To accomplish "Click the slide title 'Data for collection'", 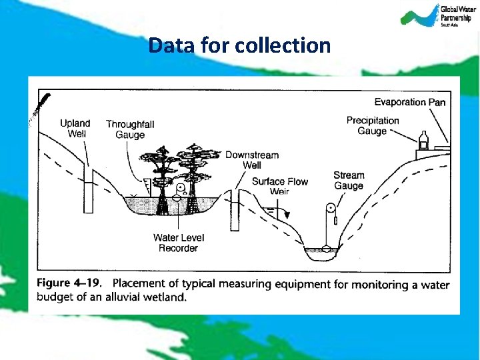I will tap(239, 45).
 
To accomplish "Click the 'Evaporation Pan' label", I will tap(409, 102).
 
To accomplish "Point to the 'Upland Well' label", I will tap(75, 129).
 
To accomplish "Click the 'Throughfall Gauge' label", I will tap(129, 129).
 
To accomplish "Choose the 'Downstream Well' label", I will tap(251, 160).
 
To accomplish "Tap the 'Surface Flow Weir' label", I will tap(279, 186).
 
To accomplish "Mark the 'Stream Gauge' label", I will tap(349, 181).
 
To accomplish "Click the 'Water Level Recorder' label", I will tap(178, 243).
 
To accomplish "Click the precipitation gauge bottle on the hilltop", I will tap(423, 140).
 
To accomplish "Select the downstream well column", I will tap(235, 211).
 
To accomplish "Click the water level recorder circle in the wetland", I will tap(179, 188).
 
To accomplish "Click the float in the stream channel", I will tap(327, 249).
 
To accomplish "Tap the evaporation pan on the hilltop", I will tap(442, 146).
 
